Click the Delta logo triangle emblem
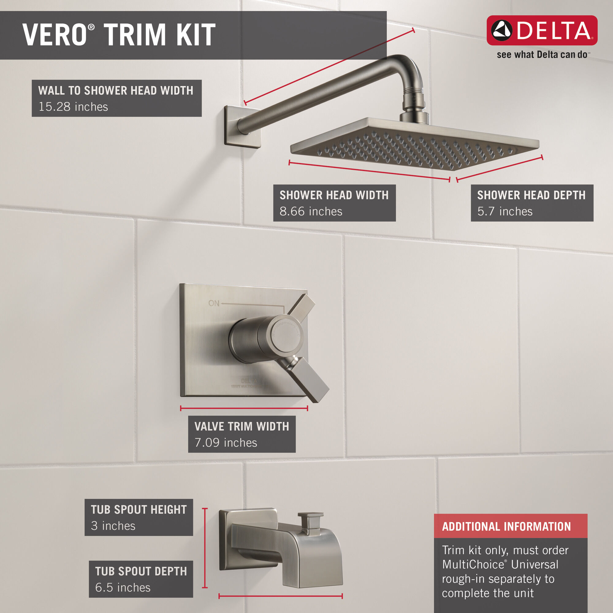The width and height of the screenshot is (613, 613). click(x=502, y=30)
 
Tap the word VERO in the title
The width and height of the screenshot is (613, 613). click(x=54, y=35)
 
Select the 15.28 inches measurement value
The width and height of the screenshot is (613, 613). click(x=73, y=107)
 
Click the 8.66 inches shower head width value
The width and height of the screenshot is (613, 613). click(x=310, y=211)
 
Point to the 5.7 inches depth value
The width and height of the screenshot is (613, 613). click(x=505, y=211)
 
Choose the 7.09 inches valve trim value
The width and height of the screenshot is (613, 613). click(x=226, y=443)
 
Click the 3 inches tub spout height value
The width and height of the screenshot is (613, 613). click(x=113, y=526)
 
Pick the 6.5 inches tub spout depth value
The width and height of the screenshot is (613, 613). click(x=123, y=587)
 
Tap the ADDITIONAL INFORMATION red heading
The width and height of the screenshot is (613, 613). click(x=506, y=526)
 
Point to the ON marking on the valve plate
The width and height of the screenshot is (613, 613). click(x=214, y=303)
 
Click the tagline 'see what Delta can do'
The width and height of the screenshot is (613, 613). click(x=542, y=55)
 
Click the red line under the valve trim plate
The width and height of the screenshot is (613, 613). click(x=244, y=408)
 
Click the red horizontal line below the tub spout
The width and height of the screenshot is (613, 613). click(x=280, y=596)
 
